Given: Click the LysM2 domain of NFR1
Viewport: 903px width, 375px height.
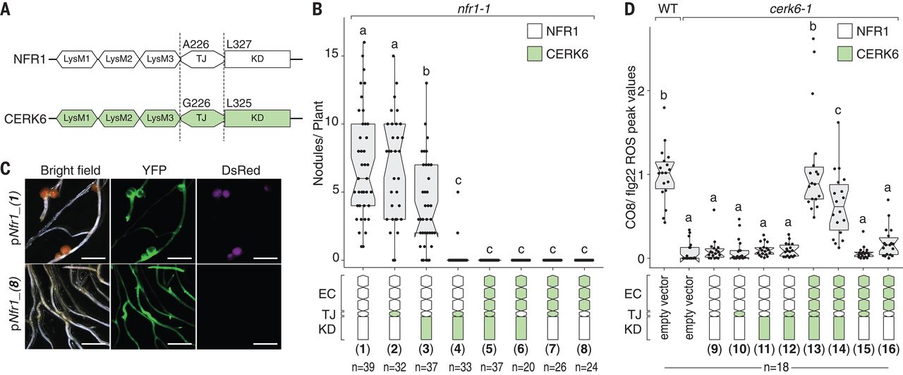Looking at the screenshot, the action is (119, 59).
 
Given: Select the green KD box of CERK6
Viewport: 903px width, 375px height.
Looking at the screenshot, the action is (257, 118).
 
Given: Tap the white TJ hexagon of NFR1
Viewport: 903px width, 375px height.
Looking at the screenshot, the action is (202, 59).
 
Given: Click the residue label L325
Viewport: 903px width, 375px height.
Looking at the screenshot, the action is (239, 103).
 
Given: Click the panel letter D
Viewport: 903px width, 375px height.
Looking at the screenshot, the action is (630, 9).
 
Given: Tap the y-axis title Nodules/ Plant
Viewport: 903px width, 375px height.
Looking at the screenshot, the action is (318, 143).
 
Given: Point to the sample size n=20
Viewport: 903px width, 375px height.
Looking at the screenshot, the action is (521, 367).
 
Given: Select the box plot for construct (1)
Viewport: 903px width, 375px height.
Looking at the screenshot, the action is (363, 165).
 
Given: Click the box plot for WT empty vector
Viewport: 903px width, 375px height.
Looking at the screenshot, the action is (665, 174).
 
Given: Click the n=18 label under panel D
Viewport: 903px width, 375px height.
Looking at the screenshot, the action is (777, 368).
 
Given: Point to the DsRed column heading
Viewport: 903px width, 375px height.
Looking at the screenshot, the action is (241, 170).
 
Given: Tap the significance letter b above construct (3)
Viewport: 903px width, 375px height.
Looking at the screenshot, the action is (426, 71).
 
